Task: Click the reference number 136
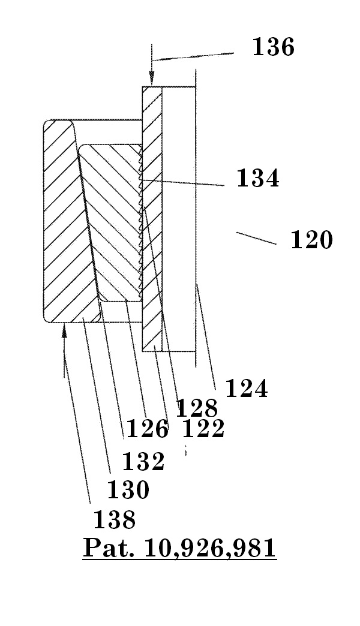(273, 47)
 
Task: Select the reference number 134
(257, 179)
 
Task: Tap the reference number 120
(311, 240)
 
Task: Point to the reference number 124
(246, 389)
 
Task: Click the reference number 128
(196, 409)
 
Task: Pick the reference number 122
(203, 429)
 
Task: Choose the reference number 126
(147, 429)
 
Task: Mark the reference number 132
(143, 462)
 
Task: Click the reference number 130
(128, 490)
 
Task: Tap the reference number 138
(114, 519)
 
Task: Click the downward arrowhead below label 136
(152, 79)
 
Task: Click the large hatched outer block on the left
(63, 222)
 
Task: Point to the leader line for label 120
(256, 239)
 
